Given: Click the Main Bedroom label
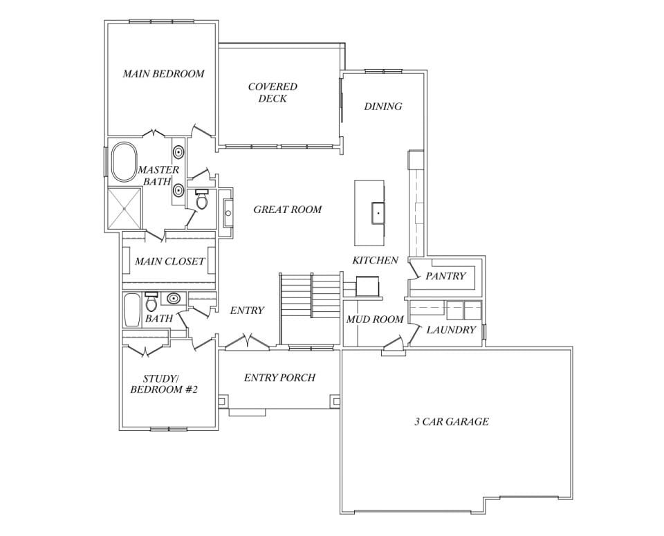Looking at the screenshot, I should point(163,73).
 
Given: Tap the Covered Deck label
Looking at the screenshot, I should point(273,93).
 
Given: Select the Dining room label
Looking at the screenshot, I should point(382,107).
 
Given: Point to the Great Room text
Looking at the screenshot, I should point(287,210).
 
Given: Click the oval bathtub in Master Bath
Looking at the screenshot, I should point(124,162).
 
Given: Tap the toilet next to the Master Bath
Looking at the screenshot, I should point(202,200).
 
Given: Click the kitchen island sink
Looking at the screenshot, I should point(378,212).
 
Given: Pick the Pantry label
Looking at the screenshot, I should point(445,276).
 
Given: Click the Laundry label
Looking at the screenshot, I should point(450,330).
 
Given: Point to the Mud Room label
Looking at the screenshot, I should point(375,320).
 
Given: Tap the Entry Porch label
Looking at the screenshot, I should point(279,378).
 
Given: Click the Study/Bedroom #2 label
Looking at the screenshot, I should point(164,384).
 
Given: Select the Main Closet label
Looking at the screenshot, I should point(169,261).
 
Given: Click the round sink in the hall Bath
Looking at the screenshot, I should point(174,299).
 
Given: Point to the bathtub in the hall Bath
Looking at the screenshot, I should point(131,310).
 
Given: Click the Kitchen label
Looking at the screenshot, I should point(375,261).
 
